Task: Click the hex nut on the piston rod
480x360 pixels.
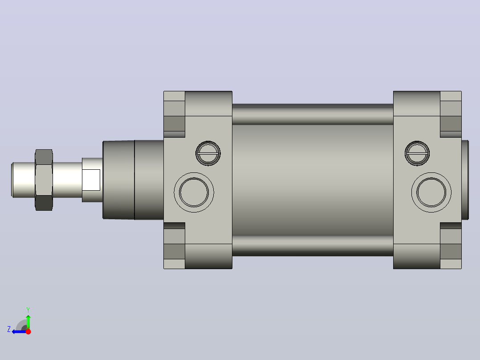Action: click(44, 180)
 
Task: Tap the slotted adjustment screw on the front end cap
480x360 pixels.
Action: click(208, 153)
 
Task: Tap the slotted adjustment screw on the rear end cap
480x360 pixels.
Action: click(417, 153)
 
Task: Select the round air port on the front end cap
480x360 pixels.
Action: click(194, 192)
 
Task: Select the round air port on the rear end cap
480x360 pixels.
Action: click(431, 192)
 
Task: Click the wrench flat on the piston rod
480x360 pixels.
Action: click(91, 180)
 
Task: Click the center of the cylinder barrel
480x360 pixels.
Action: click(313, 180)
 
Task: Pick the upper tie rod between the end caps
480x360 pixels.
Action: click(313, 114)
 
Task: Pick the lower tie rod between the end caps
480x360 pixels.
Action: click(313, 246)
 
